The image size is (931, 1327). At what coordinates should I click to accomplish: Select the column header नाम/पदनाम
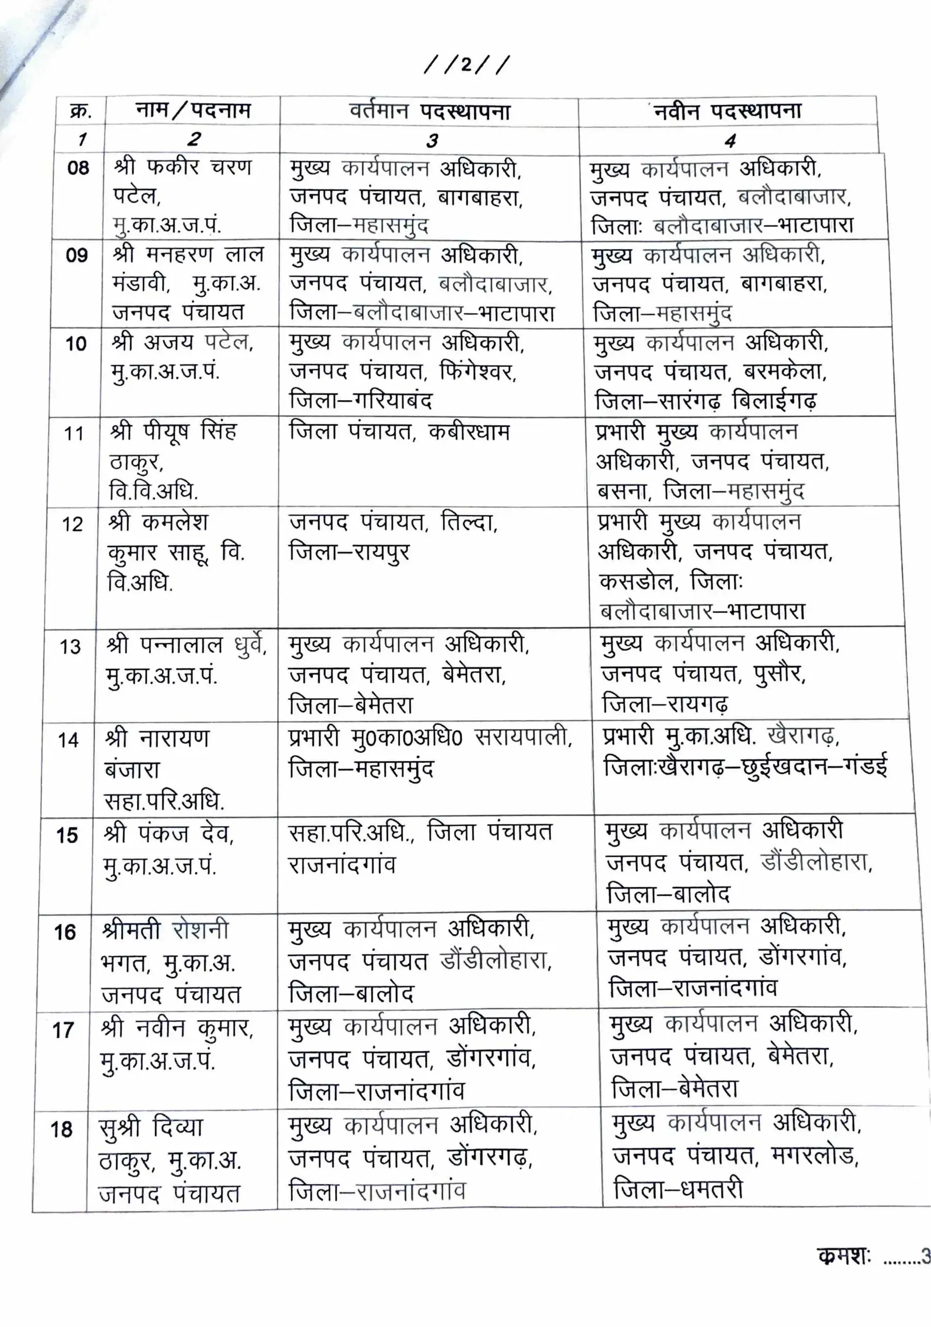coord(193,109)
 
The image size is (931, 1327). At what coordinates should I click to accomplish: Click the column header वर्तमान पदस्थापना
coord(429,110)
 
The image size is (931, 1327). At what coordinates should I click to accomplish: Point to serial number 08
coord(79,168)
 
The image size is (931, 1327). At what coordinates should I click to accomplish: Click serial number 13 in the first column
coord(70,646)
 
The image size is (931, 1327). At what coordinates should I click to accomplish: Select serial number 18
coord(61,1129)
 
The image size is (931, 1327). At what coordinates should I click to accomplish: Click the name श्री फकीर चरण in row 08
coord(183,167)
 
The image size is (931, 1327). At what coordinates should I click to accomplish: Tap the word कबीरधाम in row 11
coord(469,432)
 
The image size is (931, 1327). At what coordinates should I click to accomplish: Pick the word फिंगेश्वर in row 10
coord(478,371)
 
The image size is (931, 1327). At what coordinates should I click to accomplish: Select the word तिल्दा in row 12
coord(468,523)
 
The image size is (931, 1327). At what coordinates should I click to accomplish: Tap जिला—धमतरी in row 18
coord(678,1190)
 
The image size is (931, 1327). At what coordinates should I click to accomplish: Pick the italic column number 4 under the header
coord(730,140)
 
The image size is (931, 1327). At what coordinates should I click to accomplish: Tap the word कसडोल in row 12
coord(636,581)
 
